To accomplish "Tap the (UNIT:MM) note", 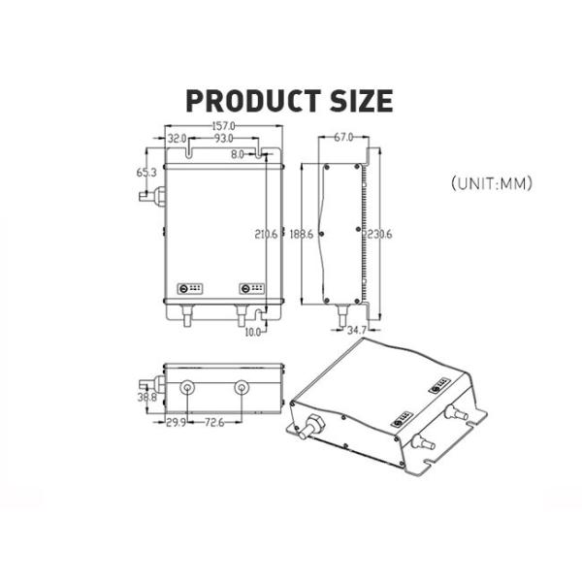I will (x=493, y=181).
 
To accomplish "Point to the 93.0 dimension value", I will (x=222, y=140).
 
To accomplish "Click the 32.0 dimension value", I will (x=177, y=140).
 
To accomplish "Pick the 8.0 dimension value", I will (x=238, y=153).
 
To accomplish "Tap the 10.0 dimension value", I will (x=254, y=332).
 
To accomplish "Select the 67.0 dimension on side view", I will (x=343, y=138).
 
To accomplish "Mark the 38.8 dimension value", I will (x=146, y=397).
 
